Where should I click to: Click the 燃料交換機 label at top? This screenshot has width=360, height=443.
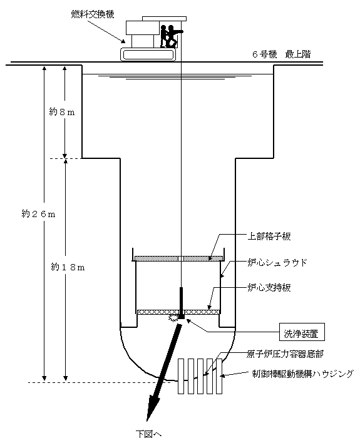93,14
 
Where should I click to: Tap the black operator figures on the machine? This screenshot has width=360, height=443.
170,36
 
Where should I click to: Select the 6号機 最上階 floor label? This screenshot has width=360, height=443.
281,54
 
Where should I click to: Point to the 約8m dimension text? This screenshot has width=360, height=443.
62,112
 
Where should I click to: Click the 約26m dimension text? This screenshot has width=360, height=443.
38,214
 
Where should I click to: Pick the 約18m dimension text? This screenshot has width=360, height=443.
68,267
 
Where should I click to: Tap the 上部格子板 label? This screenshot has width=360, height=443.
269,236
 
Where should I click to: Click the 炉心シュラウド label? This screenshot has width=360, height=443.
277,263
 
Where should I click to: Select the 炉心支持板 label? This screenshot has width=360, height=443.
269,288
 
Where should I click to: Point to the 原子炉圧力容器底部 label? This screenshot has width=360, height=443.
285,354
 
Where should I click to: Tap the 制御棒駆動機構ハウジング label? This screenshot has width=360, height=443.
302,374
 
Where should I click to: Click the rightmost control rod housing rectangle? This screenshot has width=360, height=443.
219,376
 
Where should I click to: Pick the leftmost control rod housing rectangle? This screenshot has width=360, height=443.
181,376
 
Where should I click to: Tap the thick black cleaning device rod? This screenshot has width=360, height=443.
182,303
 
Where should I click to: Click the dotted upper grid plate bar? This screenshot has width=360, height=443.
178,258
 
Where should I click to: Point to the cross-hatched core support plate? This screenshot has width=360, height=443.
178,312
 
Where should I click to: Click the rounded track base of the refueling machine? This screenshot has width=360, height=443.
148,54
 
